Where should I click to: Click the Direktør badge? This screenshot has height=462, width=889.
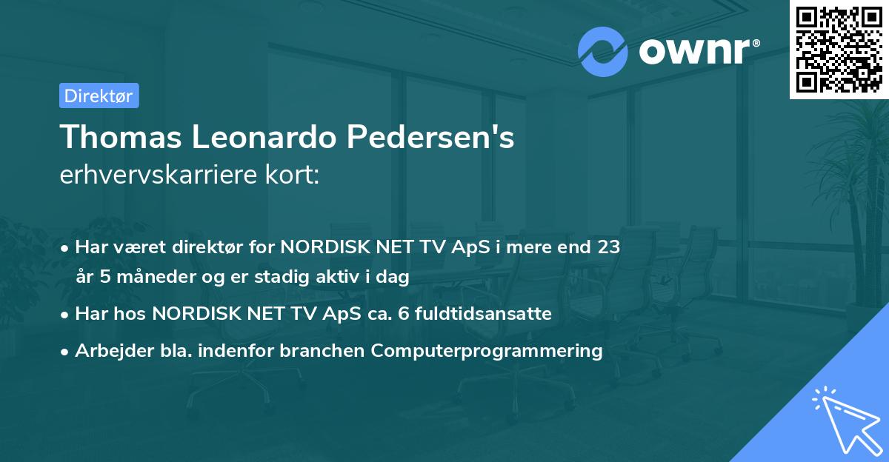(99, 96)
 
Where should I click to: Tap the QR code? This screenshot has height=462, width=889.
(838, 49)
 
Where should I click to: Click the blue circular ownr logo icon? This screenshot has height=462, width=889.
(603, 51)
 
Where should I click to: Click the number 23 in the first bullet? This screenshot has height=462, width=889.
(609, 247)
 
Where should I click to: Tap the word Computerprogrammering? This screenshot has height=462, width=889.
(487, 351)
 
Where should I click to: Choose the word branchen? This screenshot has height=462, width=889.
(330, 351)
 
